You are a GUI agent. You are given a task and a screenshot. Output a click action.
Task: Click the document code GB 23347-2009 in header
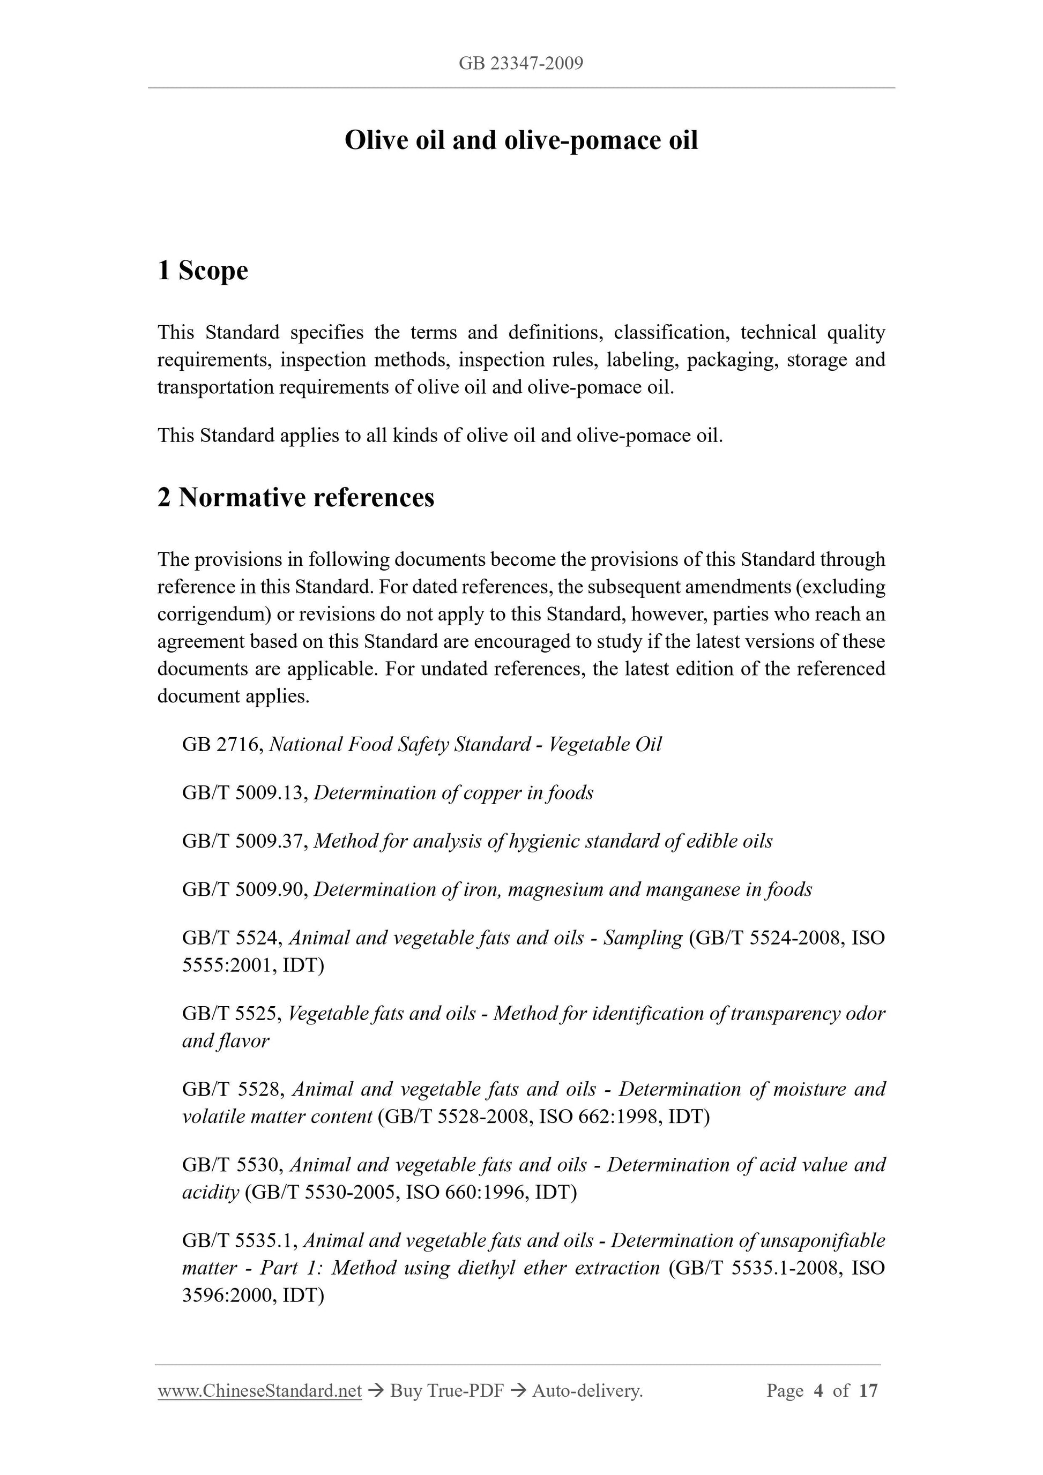click(520, 63)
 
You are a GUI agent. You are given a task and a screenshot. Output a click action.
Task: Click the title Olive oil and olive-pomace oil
click(520, 140)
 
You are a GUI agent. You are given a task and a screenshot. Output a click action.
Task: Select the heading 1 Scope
click(203, 271)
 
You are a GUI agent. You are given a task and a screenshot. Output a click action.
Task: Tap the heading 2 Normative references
click(296, 497)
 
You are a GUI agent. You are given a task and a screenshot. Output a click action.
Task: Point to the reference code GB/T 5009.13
click(245, 793)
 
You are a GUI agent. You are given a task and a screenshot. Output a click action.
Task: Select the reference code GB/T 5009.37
click(245, 841)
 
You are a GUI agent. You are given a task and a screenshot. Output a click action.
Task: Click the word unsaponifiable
click(823, 1240)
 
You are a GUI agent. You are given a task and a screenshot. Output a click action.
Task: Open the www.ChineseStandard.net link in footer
click(259, 1391)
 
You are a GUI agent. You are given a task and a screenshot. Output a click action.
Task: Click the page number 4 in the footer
click(818, 1391)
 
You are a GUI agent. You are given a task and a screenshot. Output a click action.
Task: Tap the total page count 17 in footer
click(868, 1391)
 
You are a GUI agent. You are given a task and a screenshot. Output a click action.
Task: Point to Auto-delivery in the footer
click(587, 1391)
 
